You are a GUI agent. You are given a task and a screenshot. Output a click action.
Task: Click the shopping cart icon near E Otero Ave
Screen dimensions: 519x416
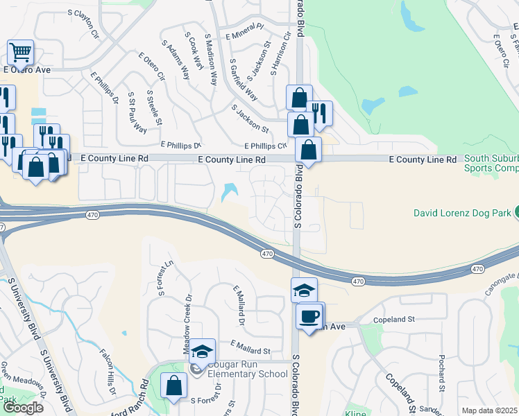(21, 53)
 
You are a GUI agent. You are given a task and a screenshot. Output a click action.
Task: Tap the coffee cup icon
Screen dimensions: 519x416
(309, 315)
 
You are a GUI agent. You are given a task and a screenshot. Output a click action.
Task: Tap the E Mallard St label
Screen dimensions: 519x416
(250, 345)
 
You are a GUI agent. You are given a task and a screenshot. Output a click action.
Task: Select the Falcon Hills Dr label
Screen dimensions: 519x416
(107, 373)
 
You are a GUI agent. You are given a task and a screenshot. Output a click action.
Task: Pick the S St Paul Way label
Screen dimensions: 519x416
(137, 112)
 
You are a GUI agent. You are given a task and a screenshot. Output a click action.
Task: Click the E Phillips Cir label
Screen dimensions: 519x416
(265, 146)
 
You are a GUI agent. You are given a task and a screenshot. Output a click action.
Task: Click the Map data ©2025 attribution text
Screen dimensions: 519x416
(490, 410)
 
